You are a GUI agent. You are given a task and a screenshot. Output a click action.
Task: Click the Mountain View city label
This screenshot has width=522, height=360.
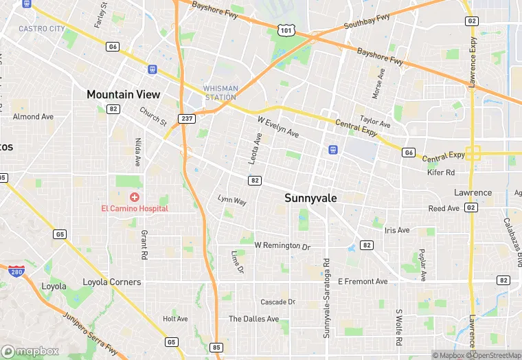pyautogui.click(x=123, y=95)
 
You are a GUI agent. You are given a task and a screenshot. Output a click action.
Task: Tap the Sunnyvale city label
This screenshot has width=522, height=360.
pyautogui.click(x=311, y=198)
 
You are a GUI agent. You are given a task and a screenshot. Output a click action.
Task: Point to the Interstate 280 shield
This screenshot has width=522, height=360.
pyautogui.click(x=16, y=271)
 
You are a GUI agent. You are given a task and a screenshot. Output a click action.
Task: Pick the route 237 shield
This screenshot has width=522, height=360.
pyautogui.click(x=186, y=119)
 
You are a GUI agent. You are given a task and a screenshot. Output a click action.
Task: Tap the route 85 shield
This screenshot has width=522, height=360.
pyautogui.click(x=216, y=347)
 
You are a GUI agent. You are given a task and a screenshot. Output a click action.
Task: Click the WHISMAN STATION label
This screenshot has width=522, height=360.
pyautogui.click(x=220, y=93)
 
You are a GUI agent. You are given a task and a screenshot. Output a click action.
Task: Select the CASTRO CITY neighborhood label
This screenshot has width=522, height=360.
pyautogui.click(x=41, y=29)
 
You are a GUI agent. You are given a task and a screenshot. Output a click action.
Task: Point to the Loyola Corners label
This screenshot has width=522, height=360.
pyautogui.click(x=111, y=282)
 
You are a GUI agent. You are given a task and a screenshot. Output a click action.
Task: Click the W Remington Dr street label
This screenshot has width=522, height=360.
pyautogui.click(x=282, y=245)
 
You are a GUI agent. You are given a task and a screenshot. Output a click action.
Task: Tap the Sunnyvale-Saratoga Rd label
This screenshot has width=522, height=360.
pyautogui.click(x=327, y=298)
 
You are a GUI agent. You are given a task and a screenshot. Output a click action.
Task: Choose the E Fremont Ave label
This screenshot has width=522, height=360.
pyautogui.click(x=363, y=282)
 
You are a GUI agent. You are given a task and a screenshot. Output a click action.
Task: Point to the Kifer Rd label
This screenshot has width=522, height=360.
pyautogui.click(x=441, y=173)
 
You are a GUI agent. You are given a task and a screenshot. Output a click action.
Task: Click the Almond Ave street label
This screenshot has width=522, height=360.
pyautogui.click(x=33, y=117)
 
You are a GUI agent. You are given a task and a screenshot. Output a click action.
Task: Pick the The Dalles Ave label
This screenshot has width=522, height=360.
pyautogui.click(x=253, y=319)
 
